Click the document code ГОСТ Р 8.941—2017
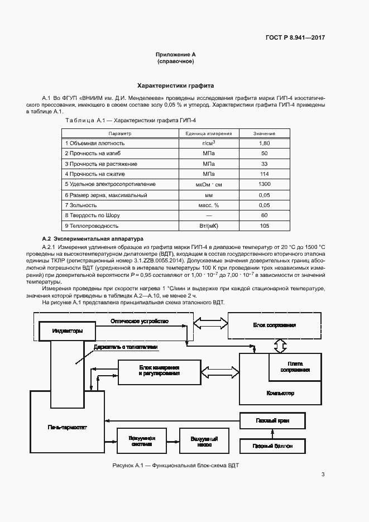click(295, 37)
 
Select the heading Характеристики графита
click(176, 87)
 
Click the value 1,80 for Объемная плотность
click(265, 143)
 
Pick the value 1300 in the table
click(265, 184)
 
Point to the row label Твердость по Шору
click(92, 215)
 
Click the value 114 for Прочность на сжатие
click(265, 174)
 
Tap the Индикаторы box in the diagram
click(68, 331)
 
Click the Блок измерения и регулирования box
click(159, 371)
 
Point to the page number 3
click(323, 475)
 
